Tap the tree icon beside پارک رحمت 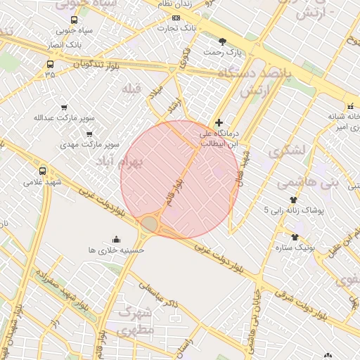point(223,41)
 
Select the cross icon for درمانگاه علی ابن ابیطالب point(219,122)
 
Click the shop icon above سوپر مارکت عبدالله point(64,108)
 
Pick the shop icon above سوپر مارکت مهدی point(89,134)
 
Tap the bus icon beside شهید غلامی point(43,171)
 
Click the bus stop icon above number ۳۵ point(49,64)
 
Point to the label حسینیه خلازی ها point(116,250)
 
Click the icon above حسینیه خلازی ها point(116,239)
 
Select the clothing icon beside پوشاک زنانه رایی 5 point(293,200)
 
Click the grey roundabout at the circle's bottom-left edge point(150,224)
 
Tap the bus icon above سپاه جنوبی point(75,20)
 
